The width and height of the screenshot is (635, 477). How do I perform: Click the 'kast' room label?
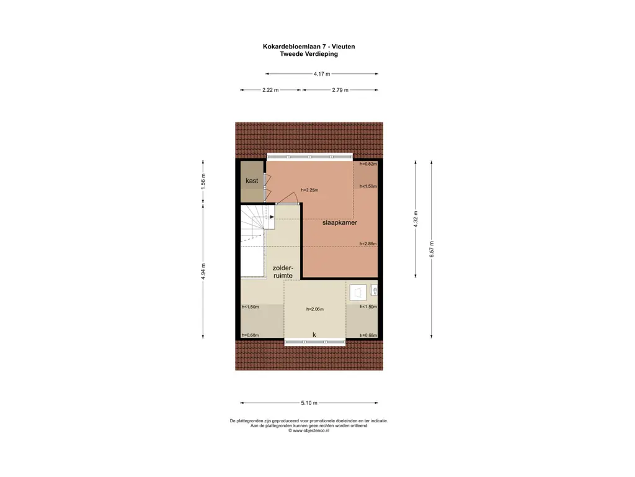coord(252,181)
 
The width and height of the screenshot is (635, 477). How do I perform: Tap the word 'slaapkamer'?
coord(340,223)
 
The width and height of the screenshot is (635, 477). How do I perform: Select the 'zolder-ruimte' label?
coord(283,272)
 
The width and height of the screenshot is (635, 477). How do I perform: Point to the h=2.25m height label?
coord(309,190)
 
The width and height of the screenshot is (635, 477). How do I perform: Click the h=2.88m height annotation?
coord(368,243)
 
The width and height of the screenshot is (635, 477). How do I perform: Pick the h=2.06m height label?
coord(314,309)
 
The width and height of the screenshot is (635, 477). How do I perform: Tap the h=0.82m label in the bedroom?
coord(368,164)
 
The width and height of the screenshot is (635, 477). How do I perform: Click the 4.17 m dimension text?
coord(322,74)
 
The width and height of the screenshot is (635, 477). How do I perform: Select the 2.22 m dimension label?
coord(270,90)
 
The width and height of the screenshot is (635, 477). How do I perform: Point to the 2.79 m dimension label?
coord(340,90)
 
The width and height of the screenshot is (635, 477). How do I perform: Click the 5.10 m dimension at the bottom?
coord(309,402)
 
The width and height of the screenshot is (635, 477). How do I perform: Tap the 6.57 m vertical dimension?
coord(432,249)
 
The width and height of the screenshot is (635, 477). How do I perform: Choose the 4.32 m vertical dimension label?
coord(415,219)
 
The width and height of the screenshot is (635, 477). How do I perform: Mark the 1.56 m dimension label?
coord(203,181)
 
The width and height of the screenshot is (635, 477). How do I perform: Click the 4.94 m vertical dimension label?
coord(203,271)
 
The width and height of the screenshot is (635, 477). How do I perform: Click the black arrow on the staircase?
coord(272,217)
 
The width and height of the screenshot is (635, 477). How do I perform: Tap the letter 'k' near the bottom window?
coord(314,335)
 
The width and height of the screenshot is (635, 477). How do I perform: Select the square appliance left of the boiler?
coord(358,293)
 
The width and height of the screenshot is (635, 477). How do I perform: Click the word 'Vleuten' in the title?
coord(344,47)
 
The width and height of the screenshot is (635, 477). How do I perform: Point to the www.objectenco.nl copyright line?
coord(309,431)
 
